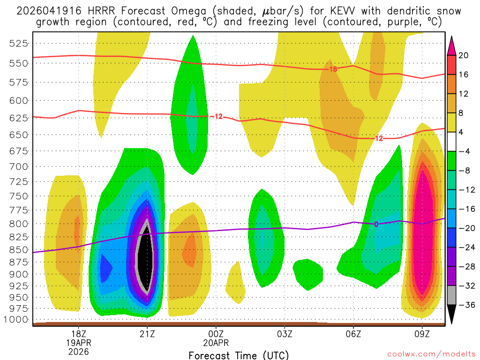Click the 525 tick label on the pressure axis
pyautogui.click(x=19, y=43)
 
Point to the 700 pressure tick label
pyautogui.click(x=19, y=166)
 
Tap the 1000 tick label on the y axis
pyautogui.click(x=17, y=320)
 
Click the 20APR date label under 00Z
pyautogui.click(x=216, y=342)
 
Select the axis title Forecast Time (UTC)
pyautogui.click(x=239, y=355)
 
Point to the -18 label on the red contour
pyautogui.click(x=332, y=69)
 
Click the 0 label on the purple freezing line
pyautogui.click(x=376, y=224)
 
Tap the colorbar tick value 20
pyautogui.click(x=464, y=55)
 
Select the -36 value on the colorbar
pyautogui.click(x=465, y=305)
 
